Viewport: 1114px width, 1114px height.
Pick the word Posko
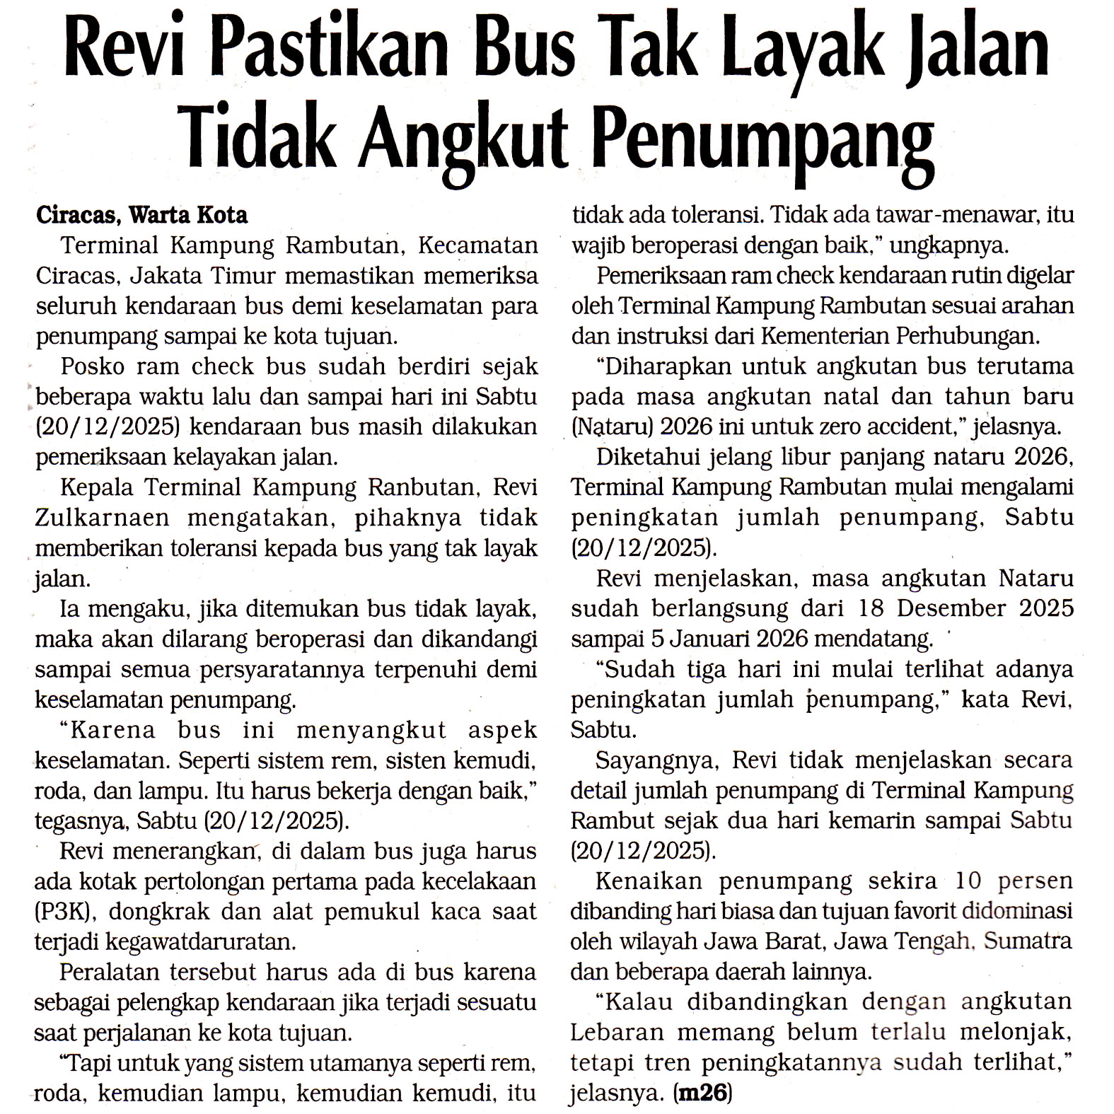pyautogui.click(x=93, y=366)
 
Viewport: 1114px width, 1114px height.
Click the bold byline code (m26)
pyautogui.click(x=704, y=1093)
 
